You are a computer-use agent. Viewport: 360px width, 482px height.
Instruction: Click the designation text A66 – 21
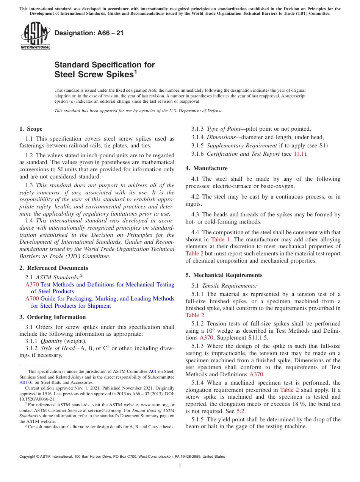point(89,33)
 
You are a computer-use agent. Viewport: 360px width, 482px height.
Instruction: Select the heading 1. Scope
point(31,129)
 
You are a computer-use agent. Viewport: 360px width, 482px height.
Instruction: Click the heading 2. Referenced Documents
point(54,268)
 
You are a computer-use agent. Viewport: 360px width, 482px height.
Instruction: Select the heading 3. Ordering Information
point(53,317)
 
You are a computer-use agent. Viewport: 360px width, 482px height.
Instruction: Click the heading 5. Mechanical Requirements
point(224,275)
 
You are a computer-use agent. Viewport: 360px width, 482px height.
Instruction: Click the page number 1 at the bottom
point(180,466)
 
